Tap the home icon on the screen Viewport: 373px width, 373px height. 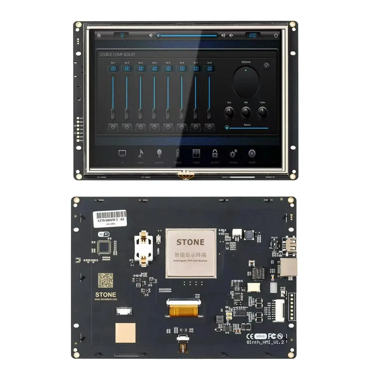(x=99, y=36)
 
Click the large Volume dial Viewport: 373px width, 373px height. (x=246, y=81)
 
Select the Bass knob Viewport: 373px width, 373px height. (x=230, y=112)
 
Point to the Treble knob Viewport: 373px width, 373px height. (x=262, y=112)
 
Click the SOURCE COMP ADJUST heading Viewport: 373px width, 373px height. (x=117, y=54)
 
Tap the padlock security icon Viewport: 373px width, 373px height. (x=215, y=154)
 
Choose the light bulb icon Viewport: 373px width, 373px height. (x=159, y=153)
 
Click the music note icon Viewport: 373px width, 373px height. (x=141, y=153)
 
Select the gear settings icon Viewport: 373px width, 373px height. (x=233, y=154)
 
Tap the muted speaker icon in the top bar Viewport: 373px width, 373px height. (x=231, y=36)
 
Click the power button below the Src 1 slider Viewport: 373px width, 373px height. (x=113, y=127)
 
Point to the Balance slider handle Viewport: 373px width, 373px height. (x=227, y=128)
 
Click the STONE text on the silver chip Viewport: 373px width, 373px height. (x=190, y=242)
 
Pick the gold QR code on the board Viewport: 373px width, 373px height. (x=105, y=280)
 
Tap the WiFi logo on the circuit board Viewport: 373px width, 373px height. (x=104, y=234)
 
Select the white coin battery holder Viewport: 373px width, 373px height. (x=144, y=249)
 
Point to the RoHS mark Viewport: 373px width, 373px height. (x=261, y=336)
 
